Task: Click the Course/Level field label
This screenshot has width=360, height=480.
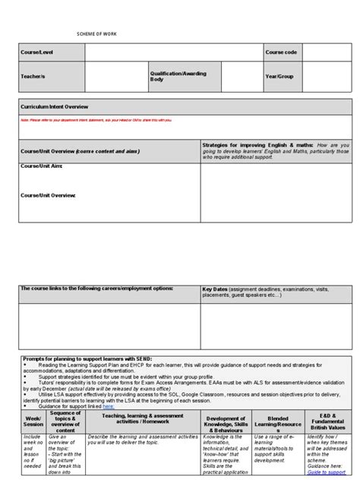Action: [38, 52]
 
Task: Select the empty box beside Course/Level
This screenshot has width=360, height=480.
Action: [173, 52]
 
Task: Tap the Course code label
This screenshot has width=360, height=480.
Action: [281, 52]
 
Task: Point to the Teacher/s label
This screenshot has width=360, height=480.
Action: [34, 76]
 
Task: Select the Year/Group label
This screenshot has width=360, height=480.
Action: [280, 76]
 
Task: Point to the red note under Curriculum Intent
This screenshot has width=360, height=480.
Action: [96, 119]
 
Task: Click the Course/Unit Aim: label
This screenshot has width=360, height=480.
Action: [42, 165]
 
